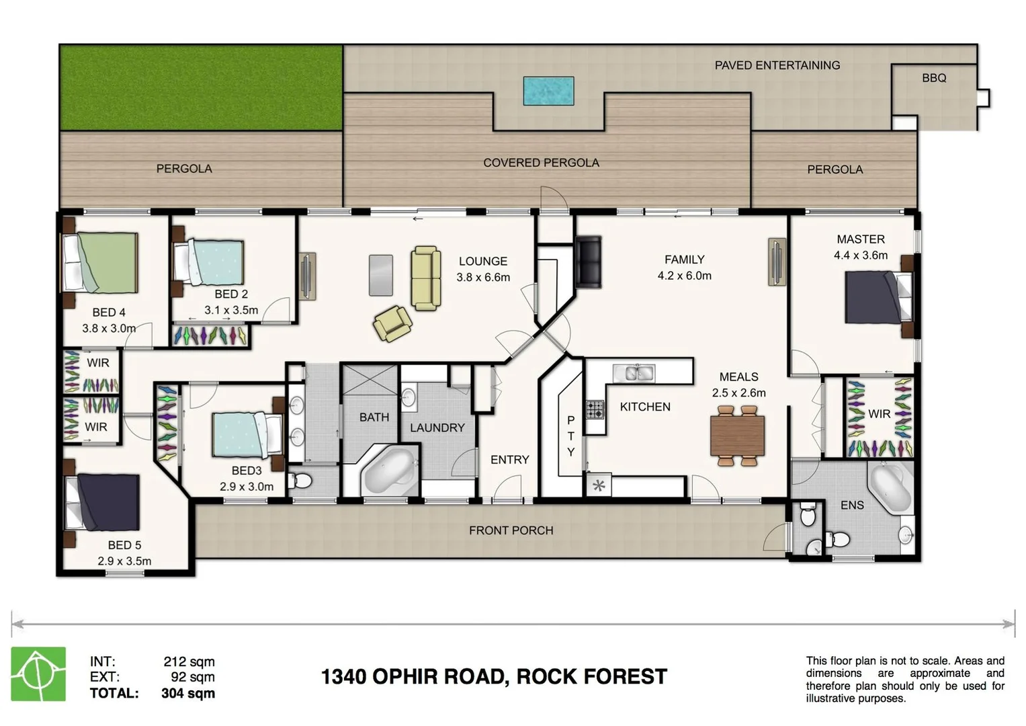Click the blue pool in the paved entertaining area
pos(548,91)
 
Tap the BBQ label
pos(934,78)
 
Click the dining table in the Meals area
pos(737,435)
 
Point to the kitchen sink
pos(634,373)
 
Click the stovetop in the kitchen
pos(595,409)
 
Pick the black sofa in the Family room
pos(588,262)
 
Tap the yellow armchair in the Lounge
pos(392,323)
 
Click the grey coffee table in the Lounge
pos(380,275)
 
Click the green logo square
pos(38,674)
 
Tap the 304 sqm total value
pos(188,693)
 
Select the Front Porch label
pos(511,530)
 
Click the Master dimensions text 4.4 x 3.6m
pos(861,255)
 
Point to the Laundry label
pos(437,428)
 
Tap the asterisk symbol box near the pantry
pos(599,485)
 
